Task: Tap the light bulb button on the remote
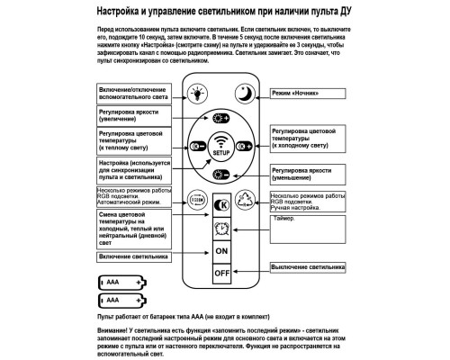(196, 92)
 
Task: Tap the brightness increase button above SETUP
(220, 117)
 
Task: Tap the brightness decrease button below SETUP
(220, 175)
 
